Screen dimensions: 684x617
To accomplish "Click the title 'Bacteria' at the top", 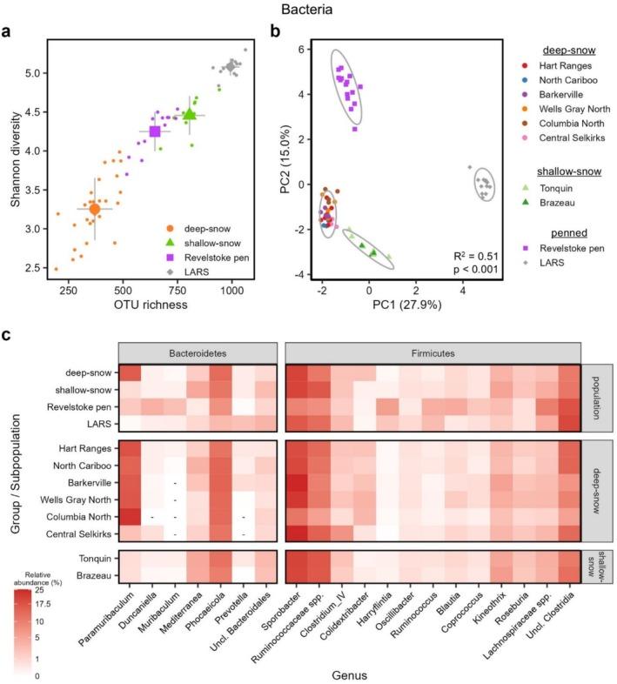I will [x=307, y=10].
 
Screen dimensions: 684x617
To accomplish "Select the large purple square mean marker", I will [x=156, y=131].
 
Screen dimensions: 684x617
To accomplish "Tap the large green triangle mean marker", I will [x=190, y=114].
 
